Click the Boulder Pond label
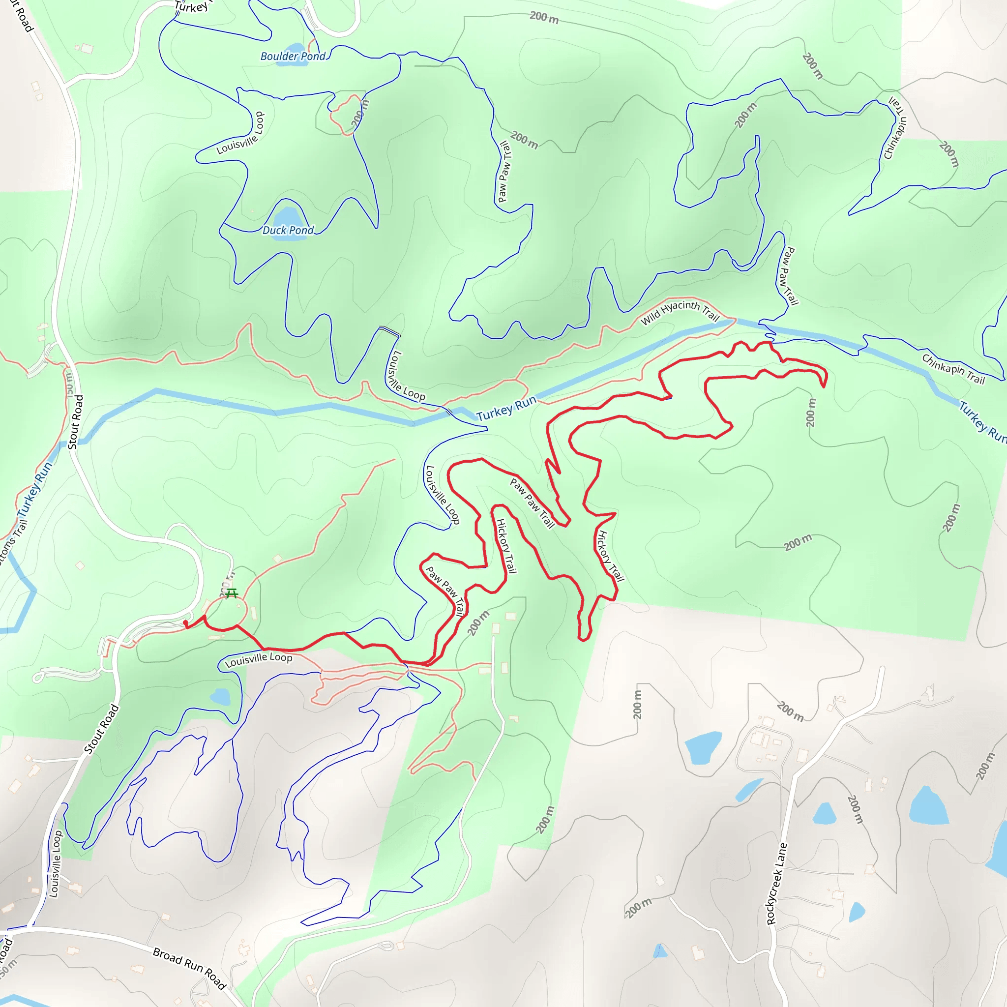293,56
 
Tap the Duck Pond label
288,231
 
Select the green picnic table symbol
232,593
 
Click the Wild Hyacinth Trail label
679,312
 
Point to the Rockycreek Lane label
776,884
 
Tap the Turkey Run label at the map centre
505,408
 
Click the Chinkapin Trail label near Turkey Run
953,369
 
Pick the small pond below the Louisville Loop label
221,697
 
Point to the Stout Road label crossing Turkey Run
76,422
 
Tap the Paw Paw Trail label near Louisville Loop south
444,591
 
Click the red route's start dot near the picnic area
185,623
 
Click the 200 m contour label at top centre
544,18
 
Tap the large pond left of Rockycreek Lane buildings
703,748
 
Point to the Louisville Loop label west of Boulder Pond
241,134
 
